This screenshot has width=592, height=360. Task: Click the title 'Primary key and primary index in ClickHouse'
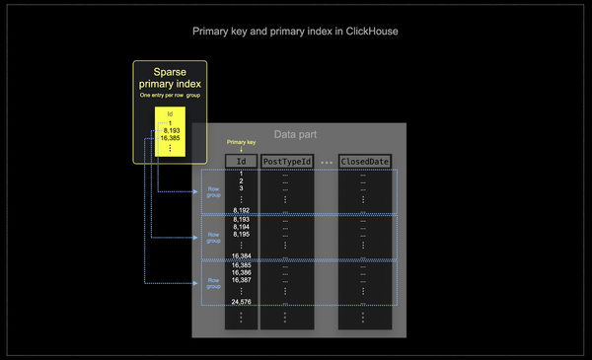pos(295,32)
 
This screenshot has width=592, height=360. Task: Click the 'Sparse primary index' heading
pos(170,78)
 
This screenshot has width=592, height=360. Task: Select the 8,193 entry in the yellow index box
pos(170,130)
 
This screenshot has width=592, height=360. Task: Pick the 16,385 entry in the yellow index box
pos(170,138)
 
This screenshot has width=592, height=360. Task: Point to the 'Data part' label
pos(295,134)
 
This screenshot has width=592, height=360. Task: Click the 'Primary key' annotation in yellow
pos(241,143)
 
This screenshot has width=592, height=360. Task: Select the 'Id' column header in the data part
pos(241,161)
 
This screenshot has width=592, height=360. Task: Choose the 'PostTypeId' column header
pos(287,161)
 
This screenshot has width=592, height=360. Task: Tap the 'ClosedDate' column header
pos(365,161)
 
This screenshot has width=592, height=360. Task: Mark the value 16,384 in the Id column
pos(241,255)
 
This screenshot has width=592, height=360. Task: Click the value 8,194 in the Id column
pos(241,227)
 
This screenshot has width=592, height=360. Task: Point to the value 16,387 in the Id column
pos(241,280)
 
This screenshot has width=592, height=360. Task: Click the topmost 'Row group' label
pos(214,191)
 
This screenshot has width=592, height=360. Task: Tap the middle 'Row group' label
pos(214,237)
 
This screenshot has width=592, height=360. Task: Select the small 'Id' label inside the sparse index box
pos(170,114)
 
